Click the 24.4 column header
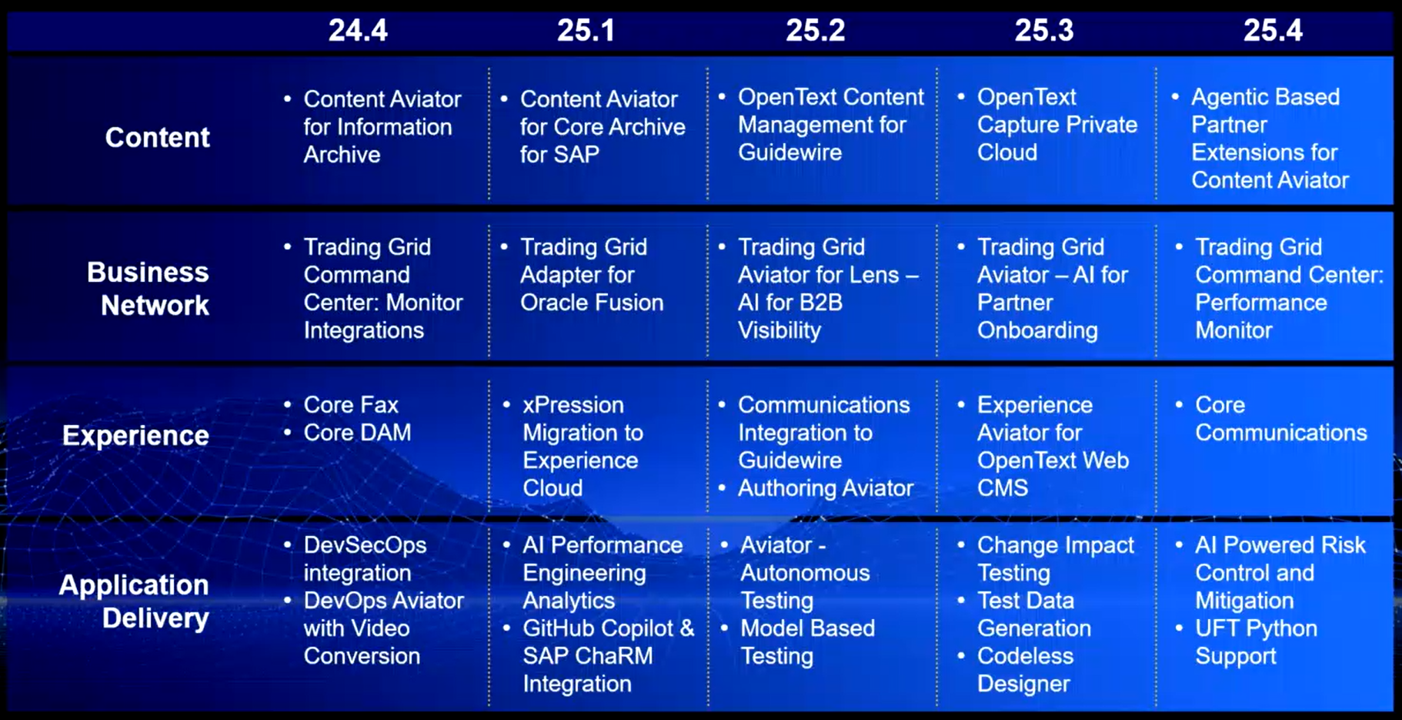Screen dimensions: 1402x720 tap(358, 30)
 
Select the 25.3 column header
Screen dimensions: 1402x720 tap(1044, 30)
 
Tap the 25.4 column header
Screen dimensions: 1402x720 tap(1273, 30)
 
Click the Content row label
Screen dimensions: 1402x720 tap(157, 137)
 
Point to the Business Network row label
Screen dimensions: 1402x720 tap(148, 289)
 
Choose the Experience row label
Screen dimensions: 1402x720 tap(135, 435)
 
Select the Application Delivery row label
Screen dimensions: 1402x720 tap(134, 601)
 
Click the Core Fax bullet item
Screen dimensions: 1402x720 tap(351, 404)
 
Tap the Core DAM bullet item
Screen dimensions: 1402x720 tap(357, 432)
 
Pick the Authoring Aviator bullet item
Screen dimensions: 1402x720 tap(826, 487)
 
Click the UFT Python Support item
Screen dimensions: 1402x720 tap(1256, 641)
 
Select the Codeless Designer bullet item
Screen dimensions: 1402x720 tap(1025, 669)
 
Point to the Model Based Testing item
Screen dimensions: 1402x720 tap(807, 641)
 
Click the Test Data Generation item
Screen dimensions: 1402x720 tap(1034, 614)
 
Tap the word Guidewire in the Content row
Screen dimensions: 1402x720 tap(790, 152)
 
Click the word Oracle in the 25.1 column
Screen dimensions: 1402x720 tap(556, 302)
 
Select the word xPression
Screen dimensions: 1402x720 tap(573, 404)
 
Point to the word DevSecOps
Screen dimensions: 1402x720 tap(365, 544)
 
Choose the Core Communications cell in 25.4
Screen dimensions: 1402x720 tap(1281, 418)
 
